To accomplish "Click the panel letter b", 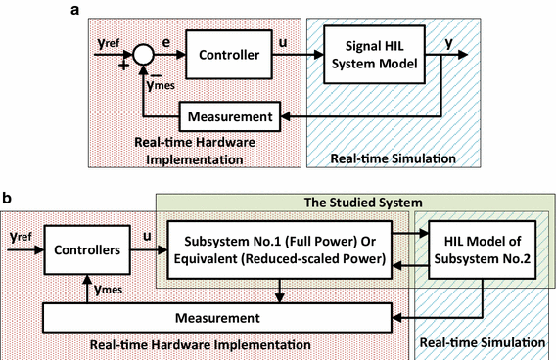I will click(x=8, y=199).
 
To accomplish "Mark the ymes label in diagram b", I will click(x=103, y=290).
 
